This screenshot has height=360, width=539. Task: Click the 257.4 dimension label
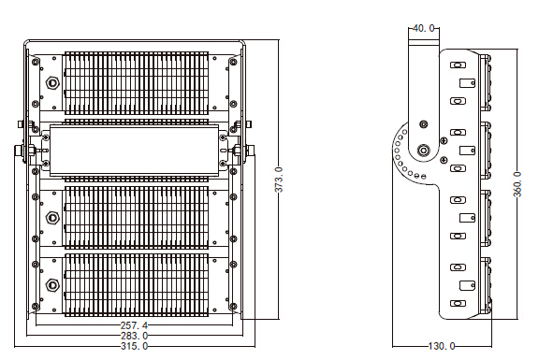coord(134,325)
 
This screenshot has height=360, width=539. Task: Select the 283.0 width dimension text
coord(134,336)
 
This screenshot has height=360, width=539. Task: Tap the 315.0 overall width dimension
coord(134,346)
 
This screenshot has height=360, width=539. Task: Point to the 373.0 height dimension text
coord(279,180)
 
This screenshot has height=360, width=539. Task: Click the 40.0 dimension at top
coord(423,28)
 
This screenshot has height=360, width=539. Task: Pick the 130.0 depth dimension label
coord(442,346)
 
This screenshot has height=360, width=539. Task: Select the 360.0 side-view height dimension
coord(517,184)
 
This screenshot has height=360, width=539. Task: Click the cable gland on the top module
coord(52,83)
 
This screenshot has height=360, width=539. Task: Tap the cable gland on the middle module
coord(52,218)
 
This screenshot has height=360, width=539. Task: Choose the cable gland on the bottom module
coord(52,285)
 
